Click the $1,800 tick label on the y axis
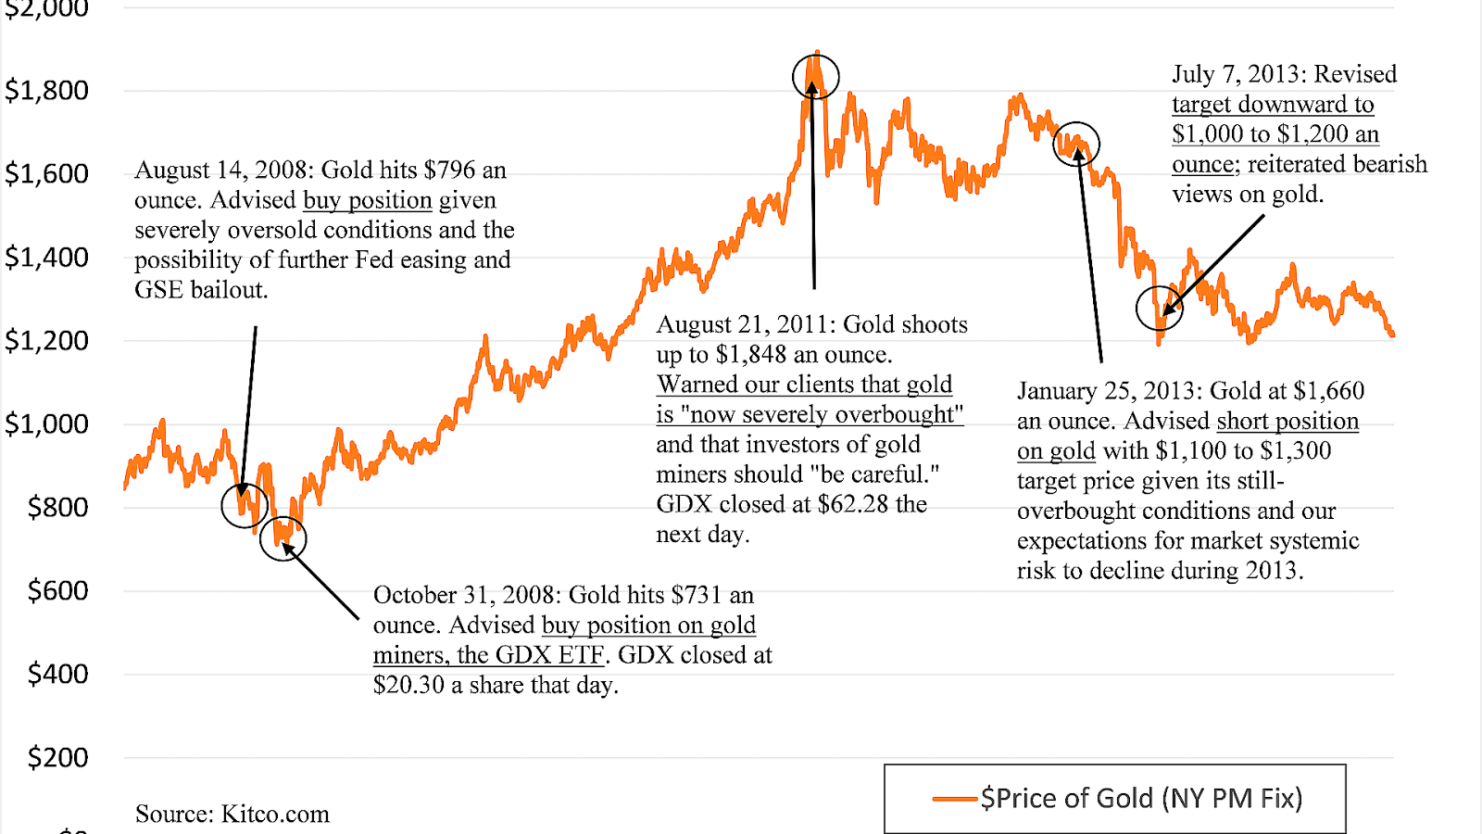pyautogui.click(x=46, y=91)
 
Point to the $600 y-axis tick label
pyautogui.click(x=57, y=591)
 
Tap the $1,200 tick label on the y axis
pyautogui.click(x=46, y=341)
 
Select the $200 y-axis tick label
pyautogui.click(x=57, y=758)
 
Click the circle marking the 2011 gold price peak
pyautogui.click(x=815, y=76)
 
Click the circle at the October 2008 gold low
pyautogui.click(x=283, y=538)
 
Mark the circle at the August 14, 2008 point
pyautogui.click(x=245, y=505)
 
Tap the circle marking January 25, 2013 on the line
pyautogui.click(x=1076, y=145)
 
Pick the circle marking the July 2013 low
pyautogui.click(x=1160, y=309)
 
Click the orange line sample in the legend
pyautogui.click(x=954, y=799)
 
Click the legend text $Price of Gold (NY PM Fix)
pyautogui.click(x=1141, y=799)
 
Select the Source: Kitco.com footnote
pyautogui.click(x=232, y=815)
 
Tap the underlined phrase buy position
pyautogui.click(x=368, y=201)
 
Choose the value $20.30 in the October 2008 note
pyautogui.click(x=408, y=686)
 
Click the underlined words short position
pyautogui.click(x=1287, y=422)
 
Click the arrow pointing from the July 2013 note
pyautogui.click(x=1213, y=266)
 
